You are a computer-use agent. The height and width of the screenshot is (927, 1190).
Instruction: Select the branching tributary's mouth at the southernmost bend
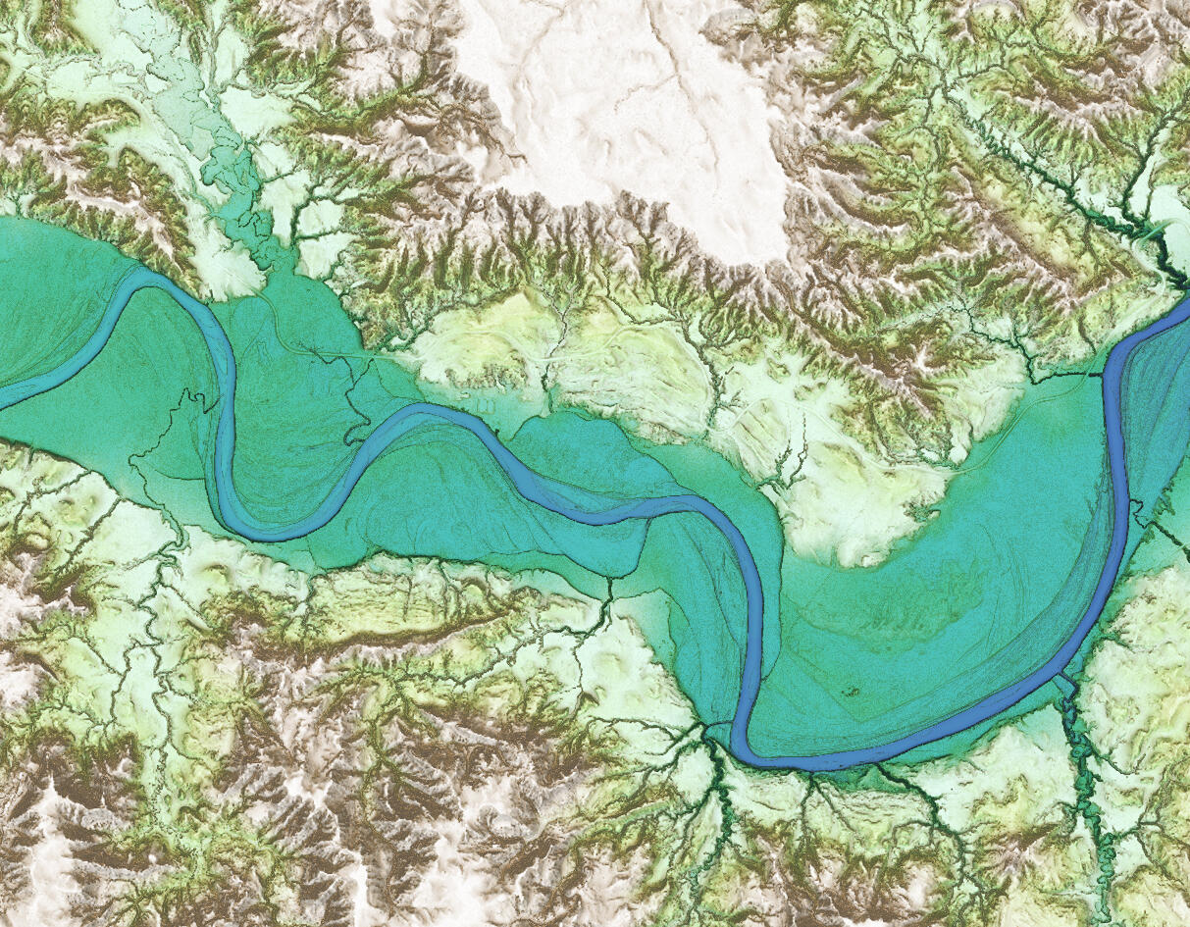click(708, 731)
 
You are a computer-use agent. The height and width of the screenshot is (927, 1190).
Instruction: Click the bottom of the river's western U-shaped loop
click(270, 535)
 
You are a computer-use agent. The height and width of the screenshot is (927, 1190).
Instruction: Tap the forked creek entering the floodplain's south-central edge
click(608, 589)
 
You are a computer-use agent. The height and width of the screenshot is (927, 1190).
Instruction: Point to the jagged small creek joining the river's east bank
click(1138, 505)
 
